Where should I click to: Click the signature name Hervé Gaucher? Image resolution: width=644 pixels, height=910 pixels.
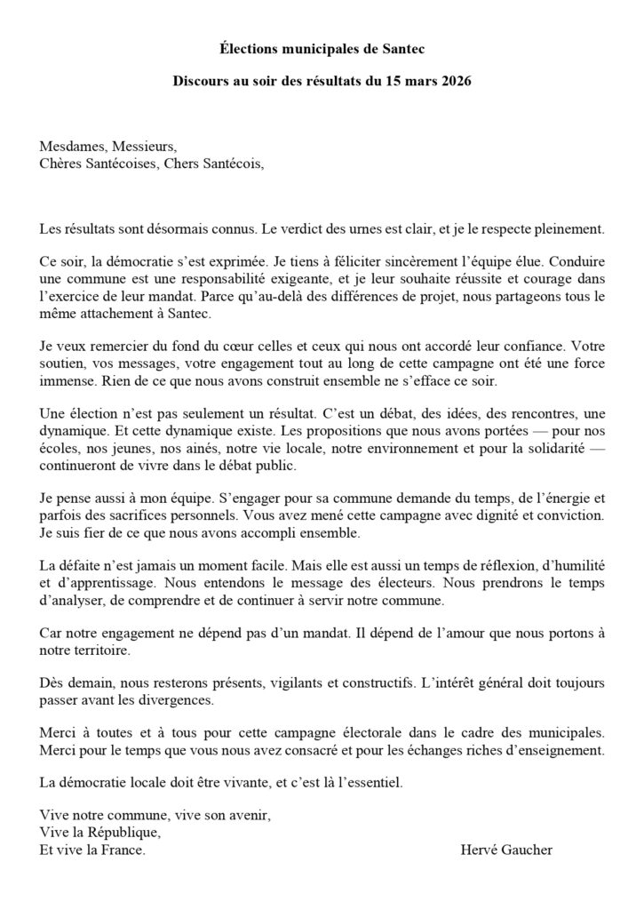click(x=506, y=850)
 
